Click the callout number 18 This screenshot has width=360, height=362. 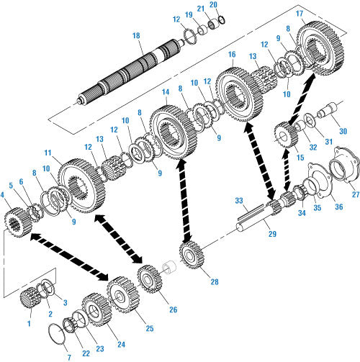(136, 36)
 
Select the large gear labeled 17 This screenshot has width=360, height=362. (320, 47)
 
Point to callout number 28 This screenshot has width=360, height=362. (215, 281)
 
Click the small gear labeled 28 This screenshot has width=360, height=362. (192, 255)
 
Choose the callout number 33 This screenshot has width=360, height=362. (239, 201)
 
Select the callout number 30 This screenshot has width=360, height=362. (343, 131)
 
